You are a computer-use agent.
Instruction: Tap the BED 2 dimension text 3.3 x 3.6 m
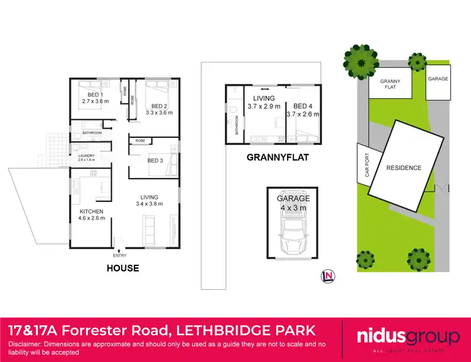tap(159, 113)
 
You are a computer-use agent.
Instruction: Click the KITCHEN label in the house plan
tap(92, 211)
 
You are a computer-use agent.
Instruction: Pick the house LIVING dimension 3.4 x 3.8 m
tap(149, 203)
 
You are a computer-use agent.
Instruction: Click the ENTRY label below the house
tap(119, 255)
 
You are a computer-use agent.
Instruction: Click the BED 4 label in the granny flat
tap(303, 106)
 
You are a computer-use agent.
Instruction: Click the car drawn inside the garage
tap(294, 232)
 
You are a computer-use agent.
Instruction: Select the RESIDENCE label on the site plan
tap(404, 168)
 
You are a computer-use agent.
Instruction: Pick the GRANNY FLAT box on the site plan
tap(390, 84)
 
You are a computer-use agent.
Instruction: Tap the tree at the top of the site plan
tap(360, 61)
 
